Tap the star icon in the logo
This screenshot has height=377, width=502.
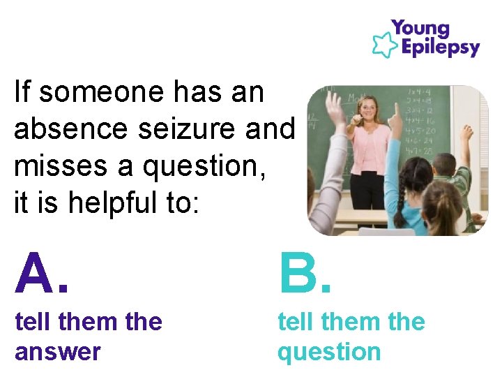384,43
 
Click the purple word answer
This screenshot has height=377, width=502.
57,352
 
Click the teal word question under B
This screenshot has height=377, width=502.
329,352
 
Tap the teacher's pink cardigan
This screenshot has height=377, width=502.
369,147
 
